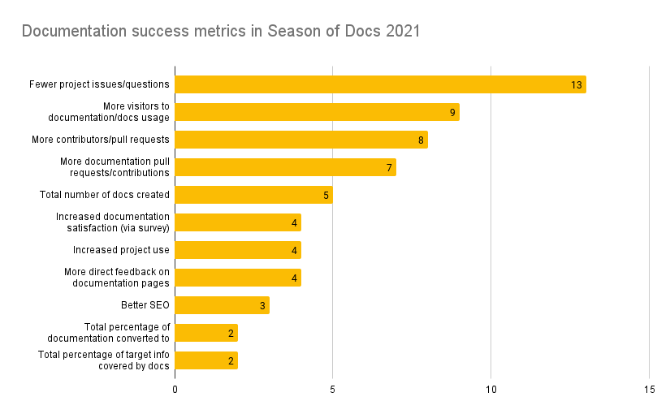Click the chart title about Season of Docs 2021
click(220, 32)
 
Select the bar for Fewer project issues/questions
click(380, 84)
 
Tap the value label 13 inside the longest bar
click(577, 85)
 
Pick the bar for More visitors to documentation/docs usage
click(317, 112)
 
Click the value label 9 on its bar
click(452, 113)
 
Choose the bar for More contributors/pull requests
click(301, 140)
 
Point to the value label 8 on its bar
click(421, 140)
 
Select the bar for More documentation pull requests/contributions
click(285, 167)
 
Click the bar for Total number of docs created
click(253, 195)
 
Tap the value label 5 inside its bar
click(326, 196)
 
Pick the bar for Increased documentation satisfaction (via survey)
click(238, 222)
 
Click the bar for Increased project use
click(238, 250)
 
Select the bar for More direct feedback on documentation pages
click(238, 278)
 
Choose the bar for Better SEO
click(222, 305)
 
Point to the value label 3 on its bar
click(262, 306)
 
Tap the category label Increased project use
click(121, 250)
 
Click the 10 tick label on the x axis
click(491, 390)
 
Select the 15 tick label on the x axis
click(649, 390)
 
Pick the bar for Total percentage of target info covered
click(206, 360)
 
